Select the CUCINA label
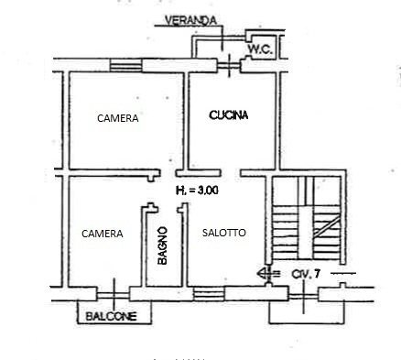229,115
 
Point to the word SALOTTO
224,233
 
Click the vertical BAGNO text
161,245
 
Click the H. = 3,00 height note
202,191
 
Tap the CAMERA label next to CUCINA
118,118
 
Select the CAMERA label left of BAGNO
102,234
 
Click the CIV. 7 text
305,273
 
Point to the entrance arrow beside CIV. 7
265,273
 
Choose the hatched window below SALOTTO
208,293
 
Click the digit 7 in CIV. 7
316,273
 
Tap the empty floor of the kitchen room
229,142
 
